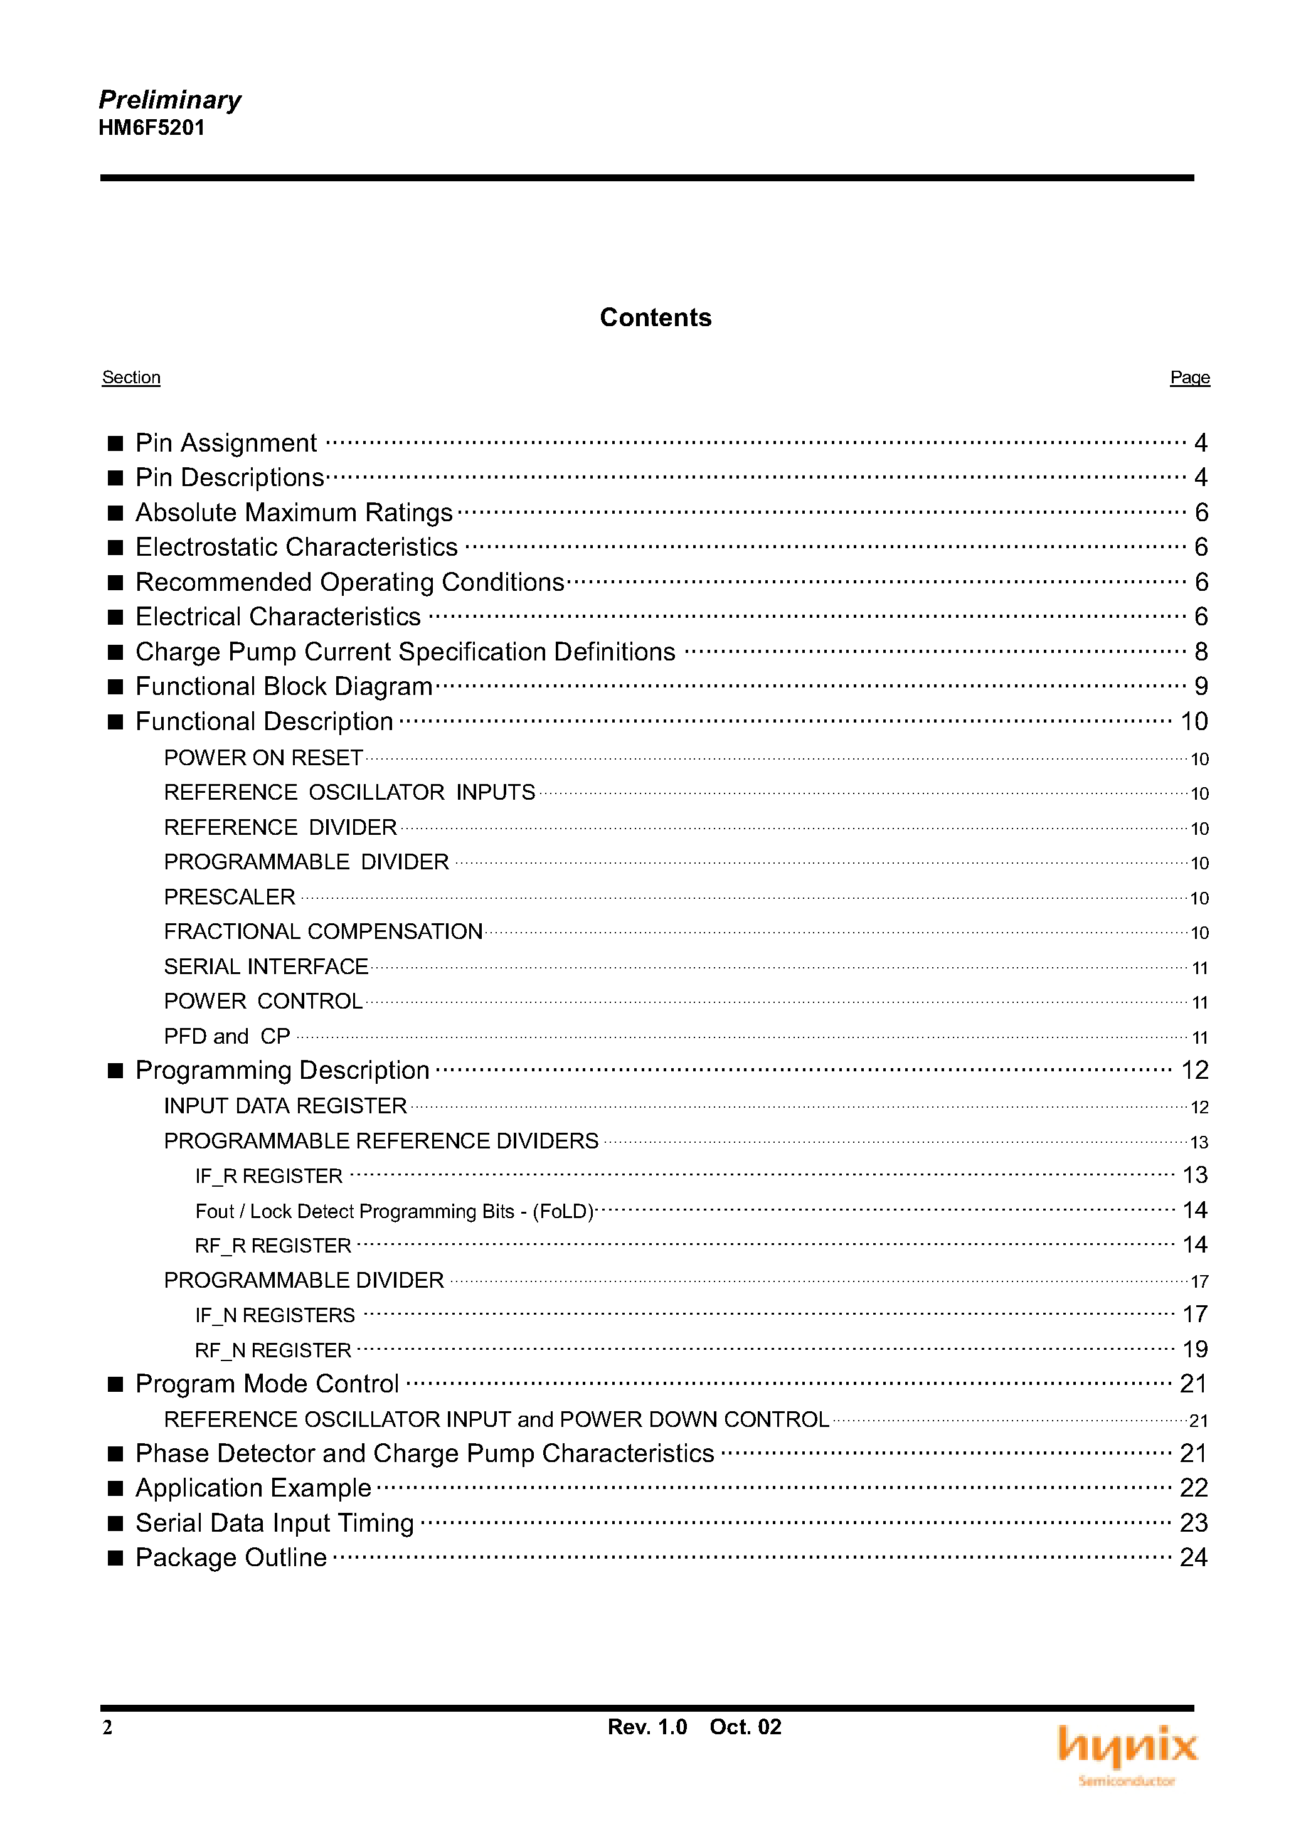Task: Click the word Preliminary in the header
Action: (x=169, y=100)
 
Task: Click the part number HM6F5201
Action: (x=152, y=128)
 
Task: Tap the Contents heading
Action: (x=655, y=317)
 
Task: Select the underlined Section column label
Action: (x=131, y=377)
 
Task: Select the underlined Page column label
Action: (x=1190, y=377)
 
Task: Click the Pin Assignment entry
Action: (x=226, y=443)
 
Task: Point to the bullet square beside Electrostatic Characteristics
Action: (x=116, y=547)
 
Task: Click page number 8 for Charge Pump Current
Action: (x=1201, y=652)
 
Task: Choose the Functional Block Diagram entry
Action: (x=284, y=686)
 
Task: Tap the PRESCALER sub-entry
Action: (x=230, y=897)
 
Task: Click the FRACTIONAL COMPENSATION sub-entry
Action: (x=323, y=931)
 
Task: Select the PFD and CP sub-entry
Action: (x=227, y=1036)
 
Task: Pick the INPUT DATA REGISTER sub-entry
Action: (x=285, y=1106)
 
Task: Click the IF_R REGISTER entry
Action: (x=268, y=1176)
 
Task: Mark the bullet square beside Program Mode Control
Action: (x=116, y=1384)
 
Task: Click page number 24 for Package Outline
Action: (x=1194, y=1557)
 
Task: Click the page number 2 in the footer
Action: (x=107, y=1728)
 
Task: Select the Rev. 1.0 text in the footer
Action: (x=647, y=1727)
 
